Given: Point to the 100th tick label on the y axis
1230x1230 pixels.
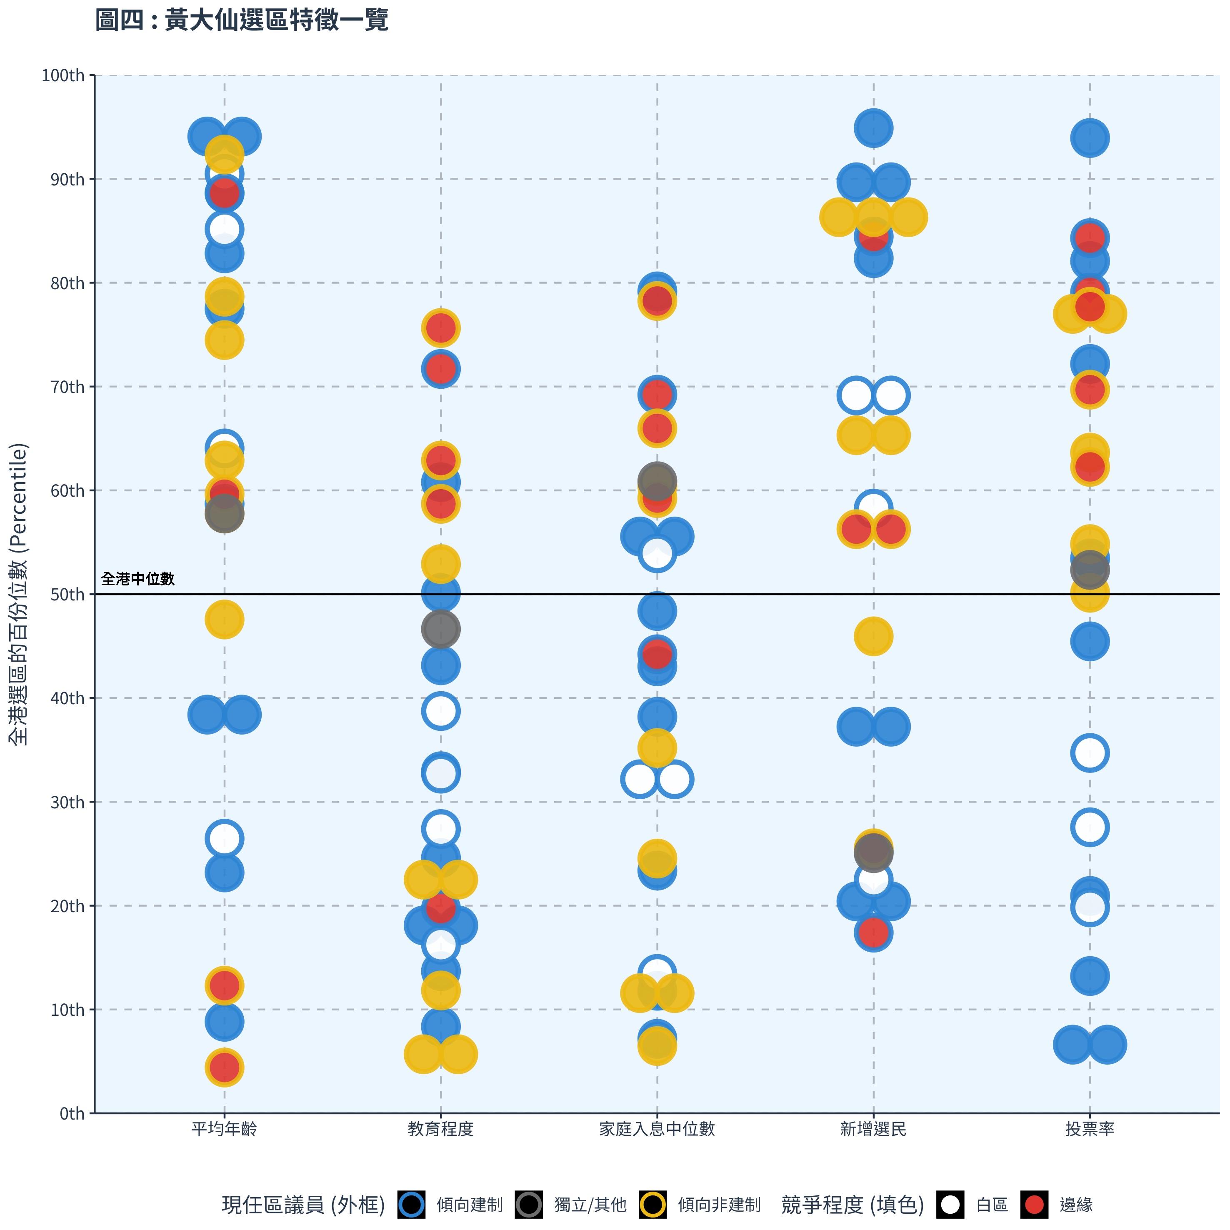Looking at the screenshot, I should (63, 76).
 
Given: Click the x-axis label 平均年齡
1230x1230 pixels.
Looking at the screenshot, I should (224, 1130).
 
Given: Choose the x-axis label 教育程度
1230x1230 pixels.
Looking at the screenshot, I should (440, 1130).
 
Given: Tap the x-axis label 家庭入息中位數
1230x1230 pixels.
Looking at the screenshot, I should (657, 1130).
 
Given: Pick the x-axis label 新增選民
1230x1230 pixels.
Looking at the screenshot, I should (873, 1130).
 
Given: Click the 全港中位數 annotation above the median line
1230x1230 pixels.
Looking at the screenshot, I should (137, 579).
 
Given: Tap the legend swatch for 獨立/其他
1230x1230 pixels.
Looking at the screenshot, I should (529, 1205).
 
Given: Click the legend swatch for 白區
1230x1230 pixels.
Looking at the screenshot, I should (950, 1205).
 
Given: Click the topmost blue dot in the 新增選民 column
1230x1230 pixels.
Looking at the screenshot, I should (873, 128).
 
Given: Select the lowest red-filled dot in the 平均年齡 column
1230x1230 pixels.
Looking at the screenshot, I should (224, 1067).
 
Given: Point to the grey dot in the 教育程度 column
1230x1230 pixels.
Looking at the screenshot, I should (440, 630).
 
